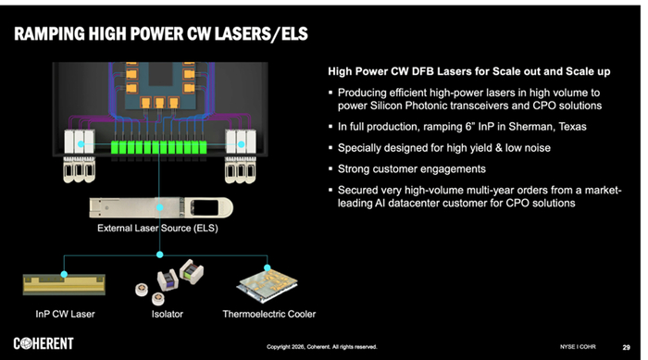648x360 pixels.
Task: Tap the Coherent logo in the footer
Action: [44, 343]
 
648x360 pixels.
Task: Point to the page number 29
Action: [626, 347]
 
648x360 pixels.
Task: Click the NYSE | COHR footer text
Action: [578, 347]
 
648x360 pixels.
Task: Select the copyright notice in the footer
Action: [321, 347]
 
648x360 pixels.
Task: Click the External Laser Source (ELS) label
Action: [157, 229]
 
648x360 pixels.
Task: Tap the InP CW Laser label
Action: [65, 314]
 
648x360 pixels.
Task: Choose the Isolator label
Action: [167, 314]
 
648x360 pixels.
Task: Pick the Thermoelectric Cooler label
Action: [269, 314]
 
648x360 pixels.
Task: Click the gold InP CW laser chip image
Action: [64, 285]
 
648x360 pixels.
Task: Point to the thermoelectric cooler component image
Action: [268, 284]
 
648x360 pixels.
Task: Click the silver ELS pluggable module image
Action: [161, 207]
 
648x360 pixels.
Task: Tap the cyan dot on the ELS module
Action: [159, 207]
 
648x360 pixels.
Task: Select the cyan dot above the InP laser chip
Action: [64, 274]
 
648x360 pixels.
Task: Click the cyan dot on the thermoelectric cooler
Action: [267, 267]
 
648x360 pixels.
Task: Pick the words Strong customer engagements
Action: [412, 169]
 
